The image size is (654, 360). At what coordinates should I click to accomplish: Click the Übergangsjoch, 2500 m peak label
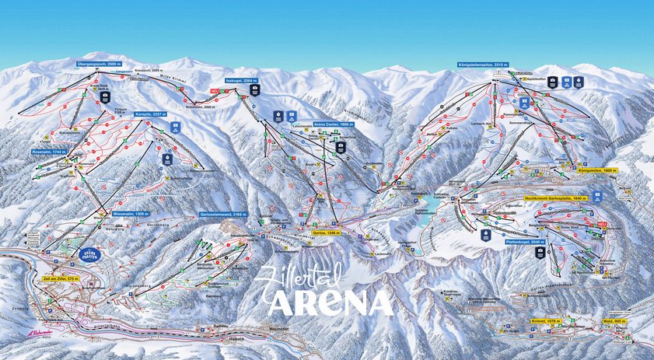100,63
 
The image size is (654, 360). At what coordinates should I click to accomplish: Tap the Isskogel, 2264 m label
241,80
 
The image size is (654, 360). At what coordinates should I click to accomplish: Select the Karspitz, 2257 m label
149,114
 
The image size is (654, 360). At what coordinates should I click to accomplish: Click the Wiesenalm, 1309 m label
131,213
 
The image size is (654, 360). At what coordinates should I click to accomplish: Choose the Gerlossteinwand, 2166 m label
223,214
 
